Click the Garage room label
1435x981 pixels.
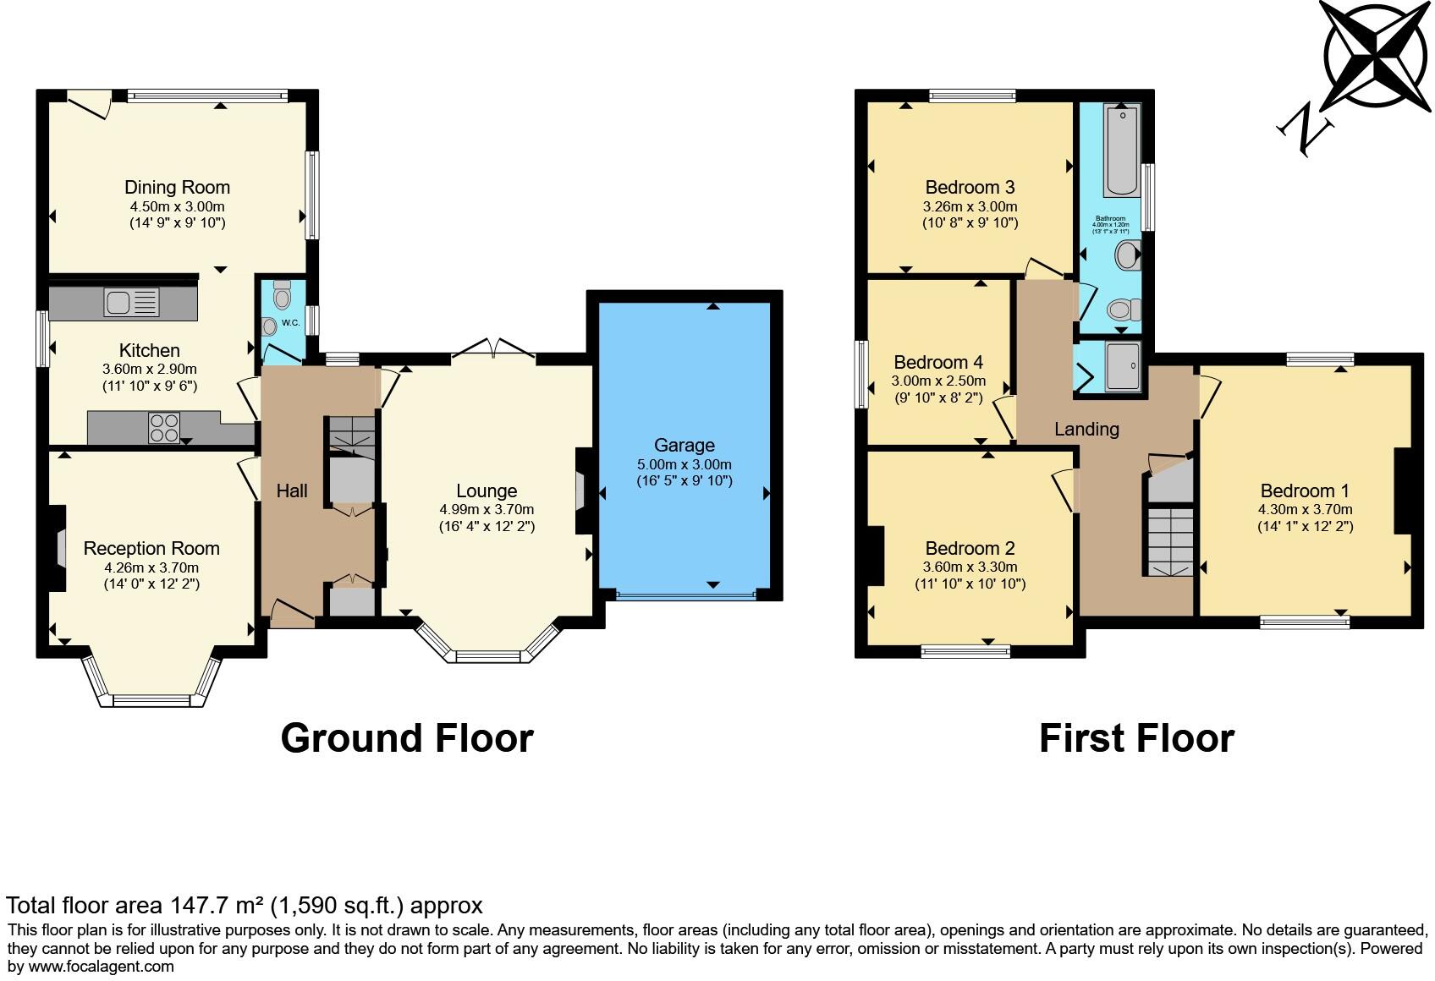(x=684, y=445)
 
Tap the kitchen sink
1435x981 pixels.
(x=131, y=302)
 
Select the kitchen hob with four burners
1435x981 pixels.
(x=163, y=427)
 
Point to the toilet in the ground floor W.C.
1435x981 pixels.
(x=283, y=295)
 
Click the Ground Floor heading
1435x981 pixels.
(x=406, y=737)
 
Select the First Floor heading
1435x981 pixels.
(x=1136, y=737)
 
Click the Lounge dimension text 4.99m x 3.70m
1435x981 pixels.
(x=487, y=509)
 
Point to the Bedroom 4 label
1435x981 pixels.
(x=938, y=362)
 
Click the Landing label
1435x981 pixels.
(x=1086, y=429)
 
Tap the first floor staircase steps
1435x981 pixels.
(x=1169, y=541)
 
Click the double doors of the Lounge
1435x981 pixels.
(x=494, y=348)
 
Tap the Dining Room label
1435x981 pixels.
(x=177, y=187)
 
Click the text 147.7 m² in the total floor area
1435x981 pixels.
(x=216, y=906)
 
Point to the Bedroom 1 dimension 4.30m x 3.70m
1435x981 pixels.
(x=1305, y=509)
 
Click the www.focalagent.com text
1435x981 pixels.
(x=102, y=966)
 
